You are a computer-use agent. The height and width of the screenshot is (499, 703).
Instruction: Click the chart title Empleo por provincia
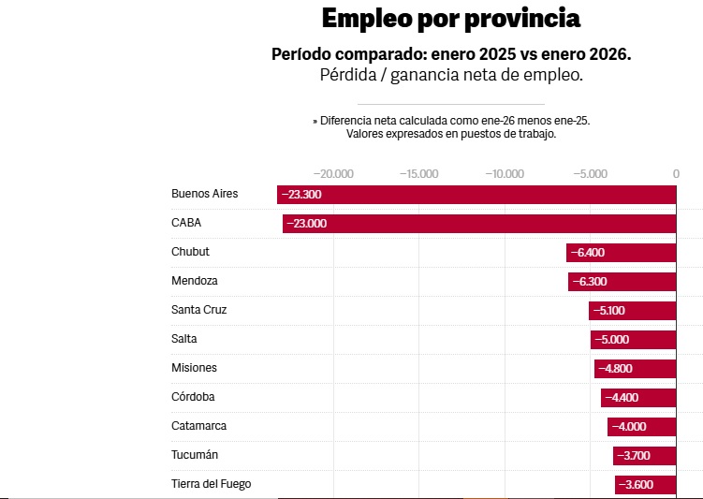pyautogui.click(x=451, y=19)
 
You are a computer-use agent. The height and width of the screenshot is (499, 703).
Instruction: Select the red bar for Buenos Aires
pyautogui.click(x=476, y=195)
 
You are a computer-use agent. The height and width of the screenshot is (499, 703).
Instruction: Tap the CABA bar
pyautogui.click(x=479, y=224)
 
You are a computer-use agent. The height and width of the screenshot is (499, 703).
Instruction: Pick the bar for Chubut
pyautogui.click(x=621, y=253)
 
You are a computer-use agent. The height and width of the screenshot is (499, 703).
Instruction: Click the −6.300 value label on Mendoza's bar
pyautogui.click(x=590, y=282)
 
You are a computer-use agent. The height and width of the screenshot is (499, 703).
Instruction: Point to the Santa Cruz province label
pyautogui.click(x=199, y=310)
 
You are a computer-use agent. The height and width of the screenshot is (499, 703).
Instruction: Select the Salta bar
pyautogui.click(x=633, y=340)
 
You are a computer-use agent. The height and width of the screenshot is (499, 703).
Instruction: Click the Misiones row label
pyautogui.click(x=194, y=368)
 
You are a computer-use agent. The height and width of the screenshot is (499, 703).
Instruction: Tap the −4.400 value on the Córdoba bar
pyautogui.click(x=622, y=398)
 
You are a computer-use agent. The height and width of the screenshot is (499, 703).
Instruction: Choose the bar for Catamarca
pyautogui.click(x=641, y=427)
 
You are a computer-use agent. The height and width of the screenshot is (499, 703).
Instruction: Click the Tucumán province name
pyautogui.click(x=195, y=455)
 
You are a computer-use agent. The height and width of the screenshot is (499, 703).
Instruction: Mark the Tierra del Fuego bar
pyautogui.click(x=646, y=485)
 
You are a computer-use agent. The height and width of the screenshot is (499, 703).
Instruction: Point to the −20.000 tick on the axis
pyautogui.click(x=333, y=174)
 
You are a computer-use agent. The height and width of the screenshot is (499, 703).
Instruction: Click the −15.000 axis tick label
pyautogui.click(x=418, y=174)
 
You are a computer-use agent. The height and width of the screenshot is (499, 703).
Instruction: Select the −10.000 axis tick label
pyautogui.click(x=505, y=174)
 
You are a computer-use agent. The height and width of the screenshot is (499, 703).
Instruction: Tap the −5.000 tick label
pyautogui.click(x=590, y=174)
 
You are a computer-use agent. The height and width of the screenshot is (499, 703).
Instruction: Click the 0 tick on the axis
pyautogui.click(x=676, y=174)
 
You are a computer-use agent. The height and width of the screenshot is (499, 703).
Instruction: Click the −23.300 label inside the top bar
pyautogui.click(x=301, y=195)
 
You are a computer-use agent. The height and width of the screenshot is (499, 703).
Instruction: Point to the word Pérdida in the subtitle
pyautogui.click(x=348, y=75)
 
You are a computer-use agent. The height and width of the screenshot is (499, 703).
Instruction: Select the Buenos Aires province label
pyautogui.click(x=204, y=194)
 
